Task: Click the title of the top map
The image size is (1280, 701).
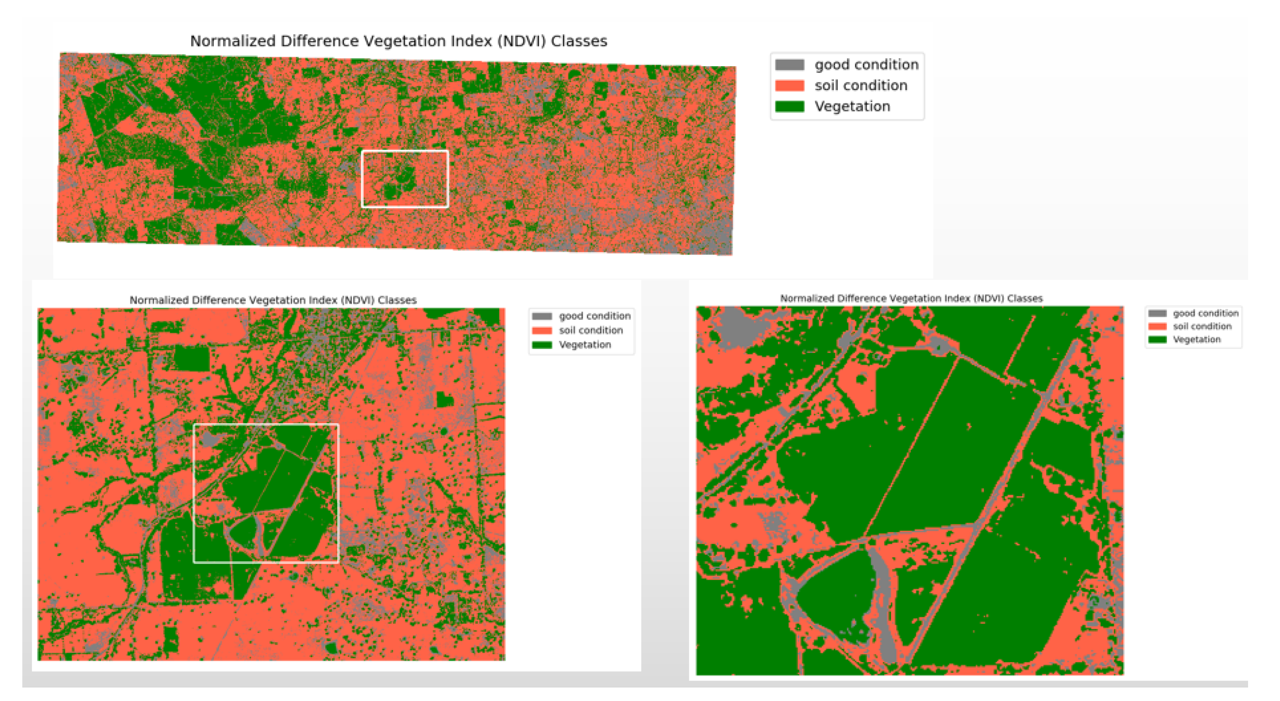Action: [398, 41]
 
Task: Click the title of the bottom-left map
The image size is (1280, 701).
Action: [273, 300]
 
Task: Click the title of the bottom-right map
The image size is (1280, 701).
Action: [911, 298]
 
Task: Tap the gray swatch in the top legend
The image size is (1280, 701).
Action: [789, 65]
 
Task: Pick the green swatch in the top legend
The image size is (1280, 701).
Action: [789, 107]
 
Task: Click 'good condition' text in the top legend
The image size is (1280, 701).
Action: [866, 65]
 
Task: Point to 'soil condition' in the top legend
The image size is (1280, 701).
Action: [861, 85]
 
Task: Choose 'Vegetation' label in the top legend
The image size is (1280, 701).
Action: [852, 107]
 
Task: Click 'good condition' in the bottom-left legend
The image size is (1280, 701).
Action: [594, 316]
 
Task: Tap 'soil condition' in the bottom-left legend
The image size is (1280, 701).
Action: [590, 330]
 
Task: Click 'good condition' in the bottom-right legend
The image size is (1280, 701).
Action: [1205, 313]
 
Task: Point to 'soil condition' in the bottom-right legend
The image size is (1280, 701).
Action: [1202, 326]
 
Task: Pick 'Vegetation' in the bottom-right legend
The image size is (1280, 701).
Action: [1197, 339]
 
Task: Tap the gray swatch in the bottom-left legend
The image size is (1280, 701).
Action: [542, 316]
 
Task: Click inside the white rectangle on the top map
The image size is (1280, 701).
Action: [405, 179]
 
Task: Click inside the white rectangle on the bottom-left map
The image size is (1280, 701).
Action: [265, 493]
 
